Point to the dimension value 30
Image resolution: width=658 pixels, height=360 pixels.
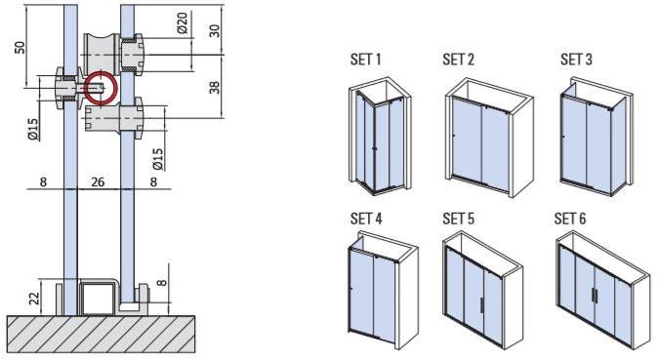click(214, 29)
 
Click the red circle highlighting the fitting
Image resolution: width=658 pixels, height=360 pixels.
click(100, 87)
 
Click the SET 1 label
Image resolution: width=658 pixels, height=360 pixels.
click(365, 60)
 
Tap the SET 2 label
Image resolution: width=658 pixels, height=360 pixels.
click(458, 60)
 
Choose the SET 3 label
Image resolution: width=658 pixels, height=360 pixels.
click(576, 60)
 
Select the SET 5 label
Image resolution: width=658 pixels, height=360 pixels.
click(458, 218)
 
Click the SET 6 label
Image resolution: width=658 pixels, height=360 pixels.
click(570, 218)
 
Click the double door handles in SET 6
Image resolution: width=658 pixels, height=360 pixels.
click(595, 299)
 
